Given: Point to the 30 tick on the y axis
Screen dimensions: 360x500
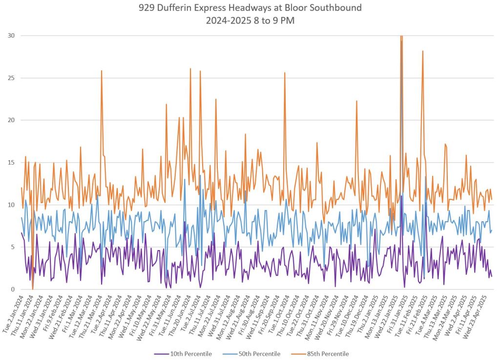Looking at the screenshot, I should (11, 36).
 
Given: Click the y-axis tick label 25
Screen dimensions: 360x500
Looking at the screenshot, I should (11, 78).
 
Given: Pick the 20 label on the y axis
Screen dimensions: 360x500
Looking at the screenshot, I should (11, 120).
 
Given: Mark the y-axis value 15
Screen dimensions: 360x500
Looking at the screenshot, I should (11, 163).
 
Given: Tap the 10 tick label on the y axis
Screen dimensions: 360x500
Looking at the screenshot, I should (11, 205).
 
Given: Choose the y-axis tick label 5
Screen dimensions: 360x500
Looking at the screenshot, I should (13, 247).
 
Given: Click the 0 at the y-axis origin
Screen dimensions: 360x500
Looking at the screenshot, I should (13, 290).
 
